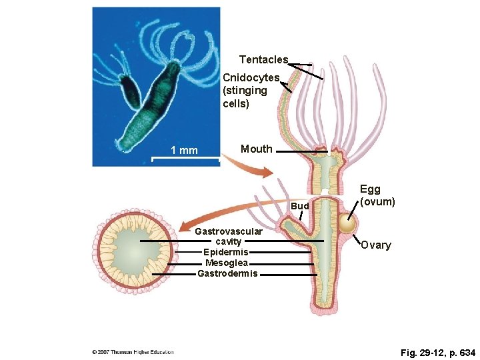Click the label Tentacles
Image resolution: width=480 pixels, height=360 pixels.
(x=263, y=60)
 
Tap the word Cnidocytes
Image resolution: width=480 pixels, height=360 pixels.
(x=251, y=78)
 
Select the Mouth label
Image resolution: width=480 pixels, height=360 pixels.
(x=256, y=149)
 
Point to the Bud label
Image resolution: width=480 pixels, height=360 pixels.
(x=301, y=207)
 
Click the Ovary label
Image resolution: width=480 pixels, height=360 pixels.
(x=376, y=245)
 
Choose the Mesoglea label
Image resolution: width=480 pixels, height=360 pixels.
(x=226, y=263)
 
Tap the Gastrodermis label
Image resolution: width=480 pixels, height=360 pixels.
(x=227, y=273)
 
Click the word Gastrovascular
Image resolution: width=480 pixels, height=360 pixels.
(x=229, y=231)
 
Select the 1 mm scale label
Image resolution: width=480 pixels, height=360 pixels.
(x=184, y=151)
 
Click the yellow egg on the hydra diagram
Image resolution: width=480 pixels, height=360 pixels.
(x=347, y=223)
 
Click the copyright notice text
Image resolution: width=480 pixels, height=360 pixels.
(x=133, y=352)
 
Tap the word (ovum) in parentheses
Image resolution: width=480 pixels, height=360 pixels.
(x=377, y=201)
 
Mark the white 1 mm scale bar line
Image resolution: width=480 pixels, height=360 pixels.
(x=185, y=159)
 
